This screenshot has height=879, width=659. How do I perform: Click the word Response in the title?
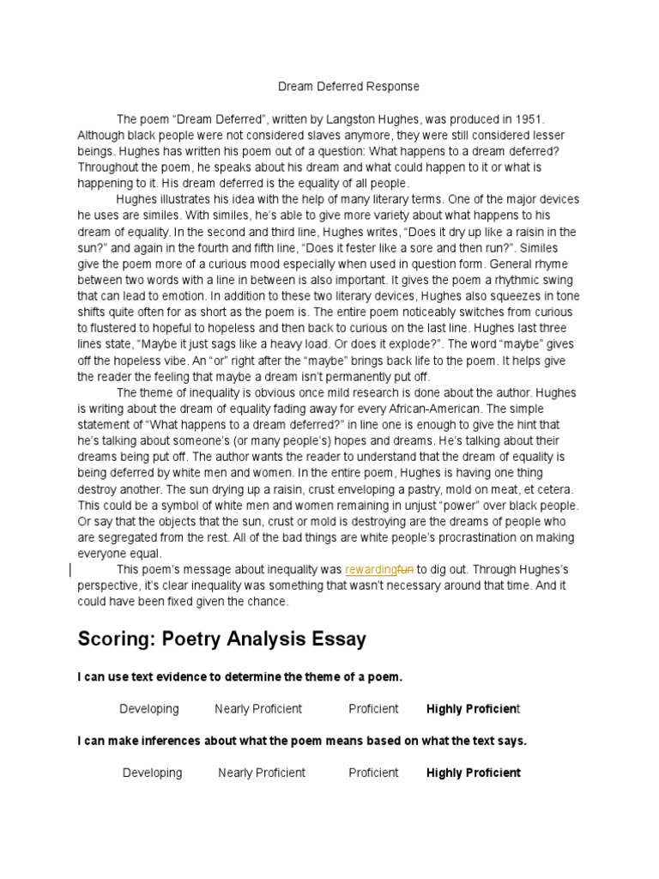(393, 87)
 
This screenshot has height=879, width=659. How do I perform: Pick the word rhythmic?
(496, 280)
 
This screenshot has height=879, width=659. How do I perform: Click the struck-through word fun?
(405, 570)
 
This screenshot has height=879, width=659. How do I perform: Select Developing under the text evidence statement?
(149, 709)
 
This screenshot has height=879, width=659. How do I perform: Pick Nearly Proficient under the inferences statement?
(262, 773)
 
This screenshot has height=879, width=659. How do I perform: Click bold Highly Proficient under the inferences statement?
(474, 773)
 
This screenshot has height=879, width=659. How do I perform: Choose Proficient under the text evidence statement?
(373, 709)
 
